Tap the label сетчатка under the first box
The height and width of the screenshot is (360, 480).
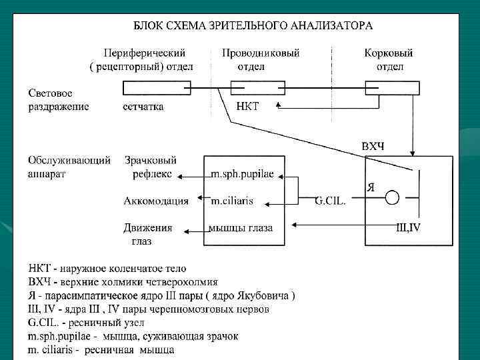pyautogui.click(x=143, y=106)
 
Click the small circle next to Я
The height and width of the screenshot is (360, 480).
pyautogui.click(x=393, y=197)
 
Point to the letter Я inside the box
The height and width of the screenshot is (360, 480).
pyautogui.click(x=371, y=187)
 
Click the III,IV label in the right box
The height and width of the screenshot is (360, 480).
pyautogui.click(x=408, y=228)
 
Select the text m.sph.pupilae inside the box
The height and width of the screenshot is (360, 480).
pyautogui.click(x=243, y=175)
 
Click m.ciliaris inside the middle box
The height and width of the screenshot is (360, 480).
pyautogui.click(x=232, y=201)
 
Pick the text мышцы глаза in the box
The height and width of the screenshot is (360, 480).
pyautogui.click(x=241, y=228)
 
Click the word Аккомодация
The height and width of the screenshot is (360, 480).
pyautogui.click(x=156, y=201)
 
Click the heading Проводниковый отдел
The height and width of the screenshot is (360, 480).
pyautogui.click(x=251, y=59)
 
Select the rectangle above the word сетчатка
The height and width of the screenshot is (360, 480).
pyautogui.click(x=157, y=88)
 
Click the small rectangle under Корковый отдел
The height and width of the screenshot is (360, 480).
pyautogui.click(x=392, y=88)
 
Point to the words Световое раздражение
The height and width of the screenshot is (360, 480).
pyautogui.click(x=58, y=99)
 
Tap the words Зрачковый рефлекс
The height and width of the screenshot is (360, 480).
pyautogui.click(x=151, y=167)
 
